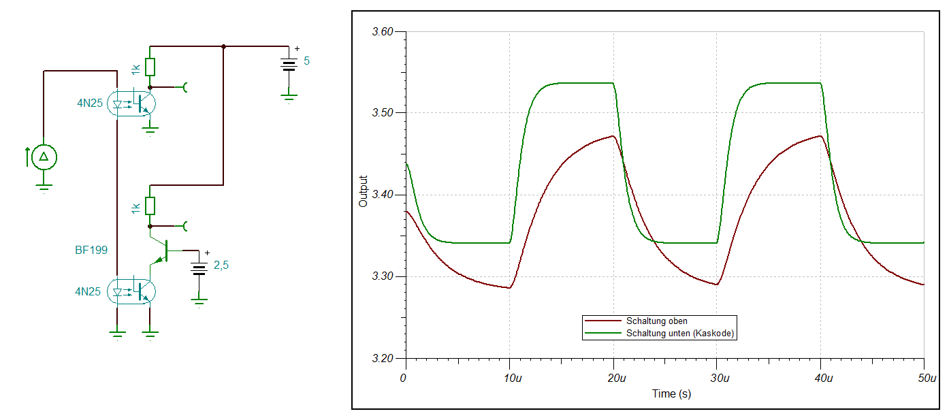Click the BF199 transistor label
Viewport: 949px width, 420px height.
(91, 251)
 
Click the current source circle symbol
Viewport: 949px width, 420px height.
(44, 157)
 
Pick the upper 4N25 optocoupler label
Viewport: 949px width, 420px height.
(89, 104)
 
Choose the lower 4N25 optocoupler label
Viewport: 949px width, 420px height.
(89, 292)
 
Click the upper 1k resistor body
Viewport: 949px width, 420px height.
(150, 67)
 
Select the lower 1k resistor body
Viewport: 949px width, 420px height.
(150, 205)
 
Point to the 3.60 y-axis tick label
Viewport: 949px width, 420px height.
(384, 32)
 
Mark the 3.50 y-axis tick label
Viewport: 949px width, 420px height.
(384, 114)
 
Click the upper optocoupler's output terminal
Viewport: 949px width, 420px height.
(184, 87)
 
